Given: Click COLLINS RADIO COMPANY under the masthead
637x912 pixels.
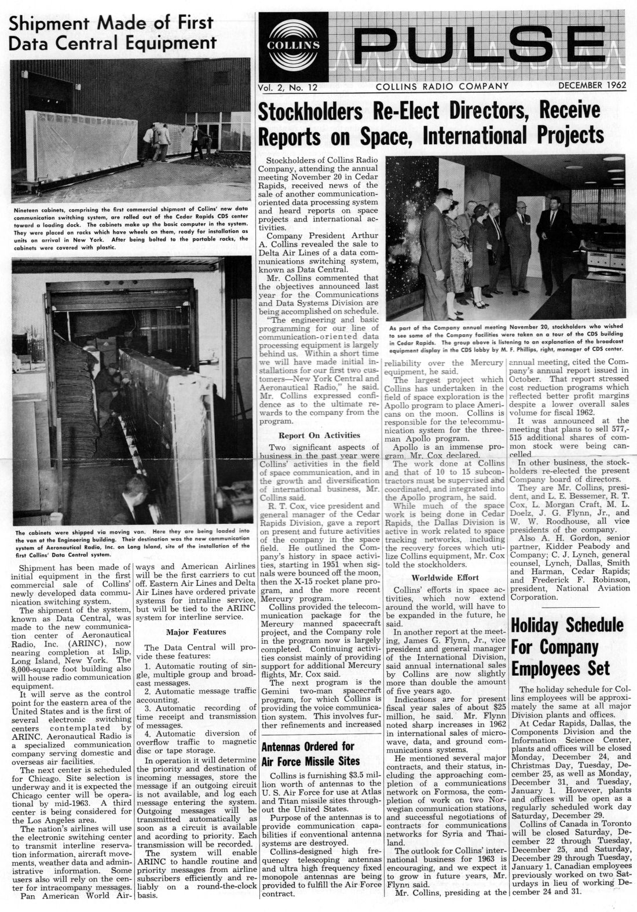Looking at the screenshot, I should click(442, 86).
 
